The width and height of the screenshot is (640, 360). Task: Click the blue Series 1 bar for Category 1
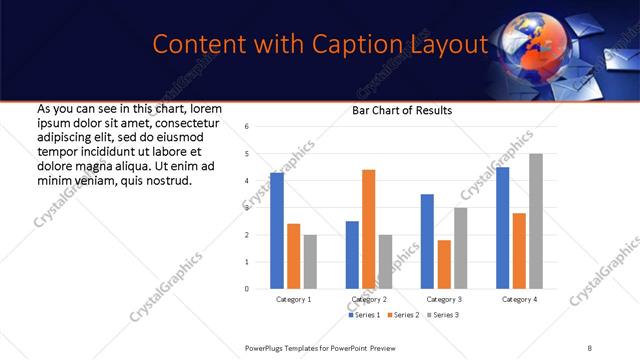[277, 231]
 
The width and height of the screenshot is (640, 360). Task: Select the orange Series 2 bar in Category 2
[368, 229]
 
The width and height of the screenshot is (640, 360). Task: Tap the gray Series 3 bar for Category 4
[536, 221]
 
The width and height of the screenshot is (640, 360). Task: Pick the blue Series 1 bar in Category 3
[427, 241]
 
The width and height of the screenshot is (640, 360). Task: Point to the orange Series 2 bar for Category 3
[444, 264]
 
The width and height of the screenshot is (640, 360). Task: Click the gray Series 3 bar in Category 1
[310, 262]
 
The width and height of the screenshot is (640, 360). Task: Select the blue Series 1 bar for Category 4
[503, 228]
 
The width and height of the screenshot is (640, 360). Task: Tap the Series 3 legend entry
[444, 315]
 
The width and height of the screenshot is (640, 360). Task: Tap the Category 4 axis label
[519, 299]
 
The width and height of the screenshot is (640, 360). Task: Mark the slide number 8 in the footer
[589, 347]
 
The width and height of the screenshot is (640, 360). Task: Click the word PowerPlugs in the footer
[267, 347]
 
